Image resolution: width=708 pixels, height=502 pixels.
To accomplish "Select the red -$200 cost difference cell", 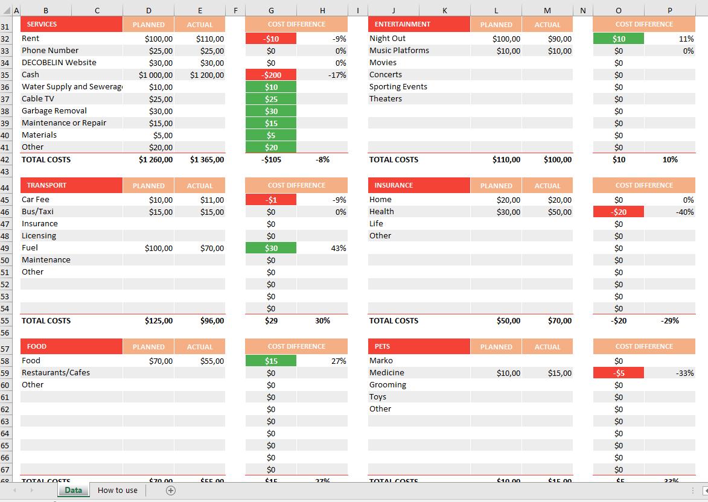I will [271, 75].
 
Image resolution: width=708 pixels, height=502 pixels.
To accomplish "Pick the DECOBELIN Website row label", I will [59, 63].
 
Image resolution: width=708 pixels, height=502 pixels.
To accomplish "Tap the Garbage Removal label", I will [54, 111].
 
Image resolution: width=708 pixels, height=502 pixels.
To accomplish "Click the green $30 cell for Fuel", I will [271, 248].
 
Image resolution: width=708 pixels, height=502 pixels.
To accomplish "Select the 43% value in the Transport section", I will [338, 248].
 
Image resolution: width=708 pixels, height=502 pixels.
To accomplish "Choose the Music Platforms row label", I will [399, 51].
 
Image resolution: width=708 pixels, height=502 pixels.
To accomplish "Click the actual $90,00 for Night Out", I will [560, 39].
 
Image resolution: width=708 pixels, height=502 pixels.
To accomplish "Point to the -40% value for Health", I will [684, 212].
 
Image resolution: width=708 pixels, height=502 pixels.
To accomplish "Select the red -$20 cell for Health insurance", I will [619, 212].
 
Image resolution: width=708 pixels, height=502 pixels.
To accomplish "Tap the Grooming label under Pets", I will [387, 385].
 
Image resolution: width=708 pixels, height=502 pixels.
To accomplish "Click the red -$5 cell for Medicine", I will [619, 373].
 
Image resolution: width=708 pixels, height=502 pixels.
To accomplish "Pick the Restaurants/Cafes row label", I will [56, 373].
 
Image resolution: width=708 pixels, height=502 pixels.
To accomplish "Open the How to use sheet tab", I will [118, 491].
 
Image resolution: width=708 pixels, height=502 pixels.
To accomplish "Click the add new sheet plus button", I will [171, 491].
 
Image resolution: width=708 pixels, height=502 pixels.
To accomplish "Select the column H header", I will [322, 10].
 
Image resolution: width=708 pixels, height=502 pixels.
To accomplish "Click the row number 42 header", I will [5, 160].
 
